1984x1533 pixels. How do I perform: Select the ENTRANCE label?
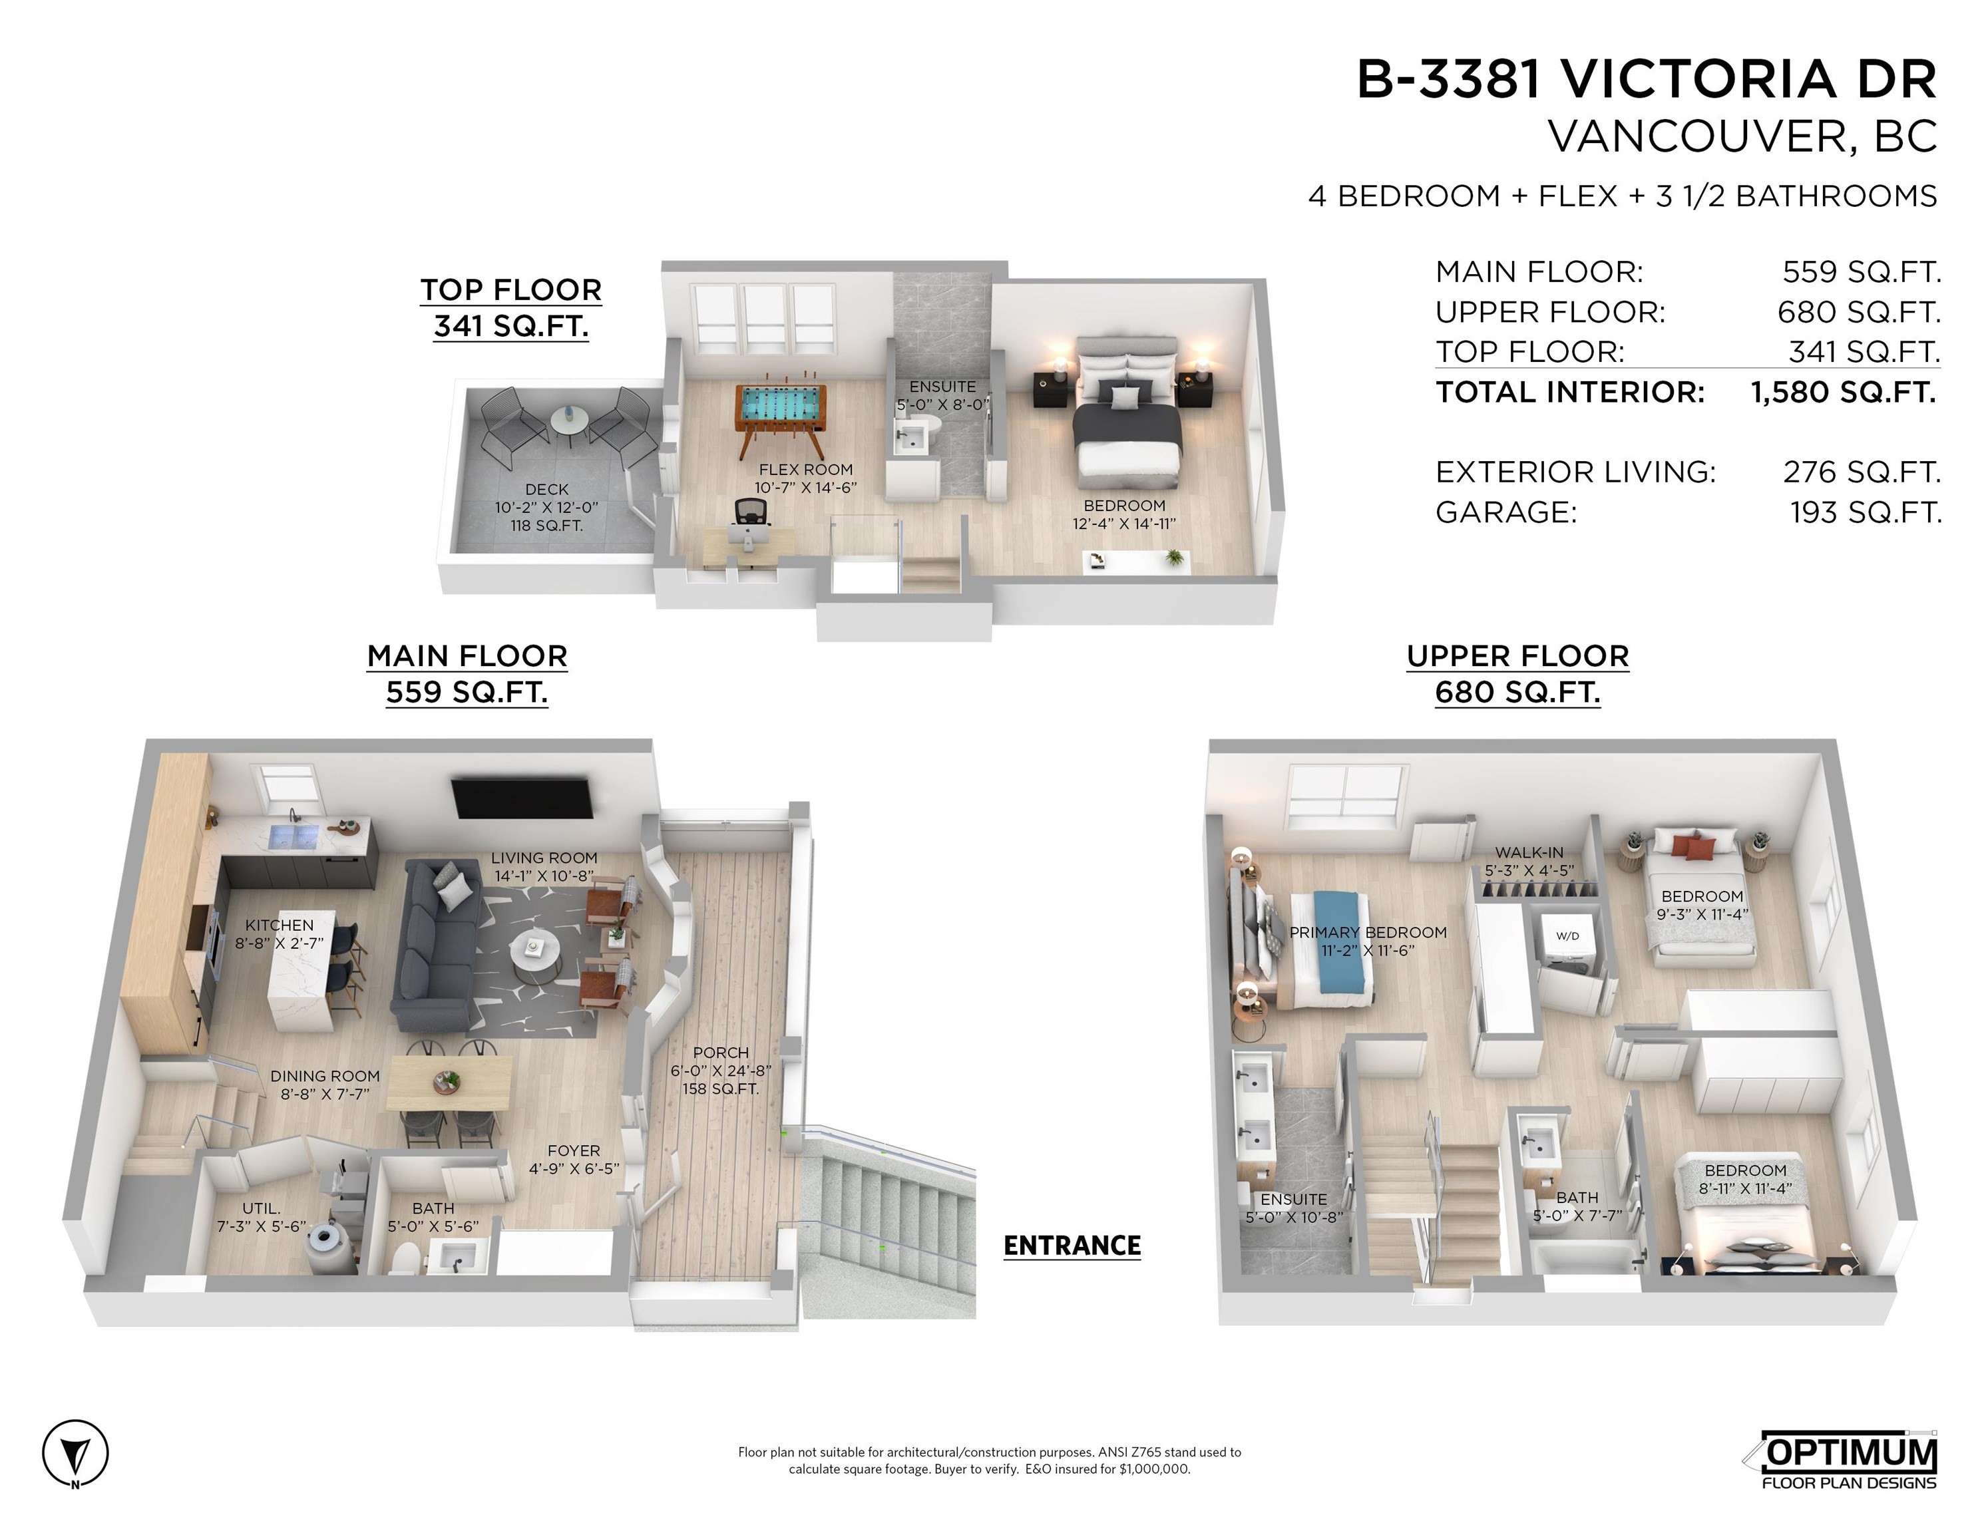(1072, 1245)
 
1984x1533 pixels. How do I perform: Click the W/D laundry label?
(1567, 936)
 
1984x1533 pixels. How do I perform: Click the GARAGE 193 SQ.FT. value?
(1865, 512)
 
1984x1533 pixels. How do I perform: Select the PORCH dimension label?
(720, 1070)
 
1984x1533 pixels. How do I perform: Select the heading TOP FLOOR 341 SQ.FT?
(510, 308)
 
